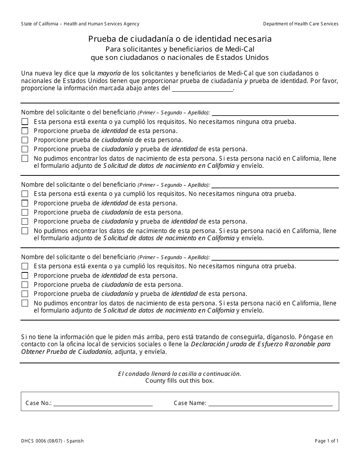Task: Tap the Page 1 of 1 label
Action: click(x=327, y=441)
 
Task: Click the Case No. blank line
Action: click(x=103, y=404)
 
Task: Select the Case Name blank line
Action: click(x=270, y=404)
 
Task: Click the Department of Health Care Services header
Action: click(x=301, y=24)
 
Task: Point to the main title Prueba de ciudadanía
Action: click(x=180, y=39)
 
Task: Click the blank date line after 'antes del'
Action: click(x=202, y=89)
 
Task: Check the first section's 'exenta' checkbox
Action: click(x=25, y=122)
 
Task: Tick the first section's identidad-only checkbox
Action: click(x=25, y=131)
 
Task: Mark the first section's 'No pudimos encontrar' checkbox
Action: click(x=25, y=158)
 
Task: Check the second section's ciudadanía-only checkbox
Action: click(x=25, y=212)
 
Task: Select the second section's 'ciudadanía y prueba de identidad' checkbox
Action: click(x=25, y=221)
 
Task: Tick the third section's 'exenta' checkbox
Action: click(x=25, y=266)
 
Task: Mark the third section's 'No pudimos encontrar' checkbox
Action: click(x=25, y=303)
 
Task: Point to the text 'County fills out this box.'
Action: click(x=180, y=381)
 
